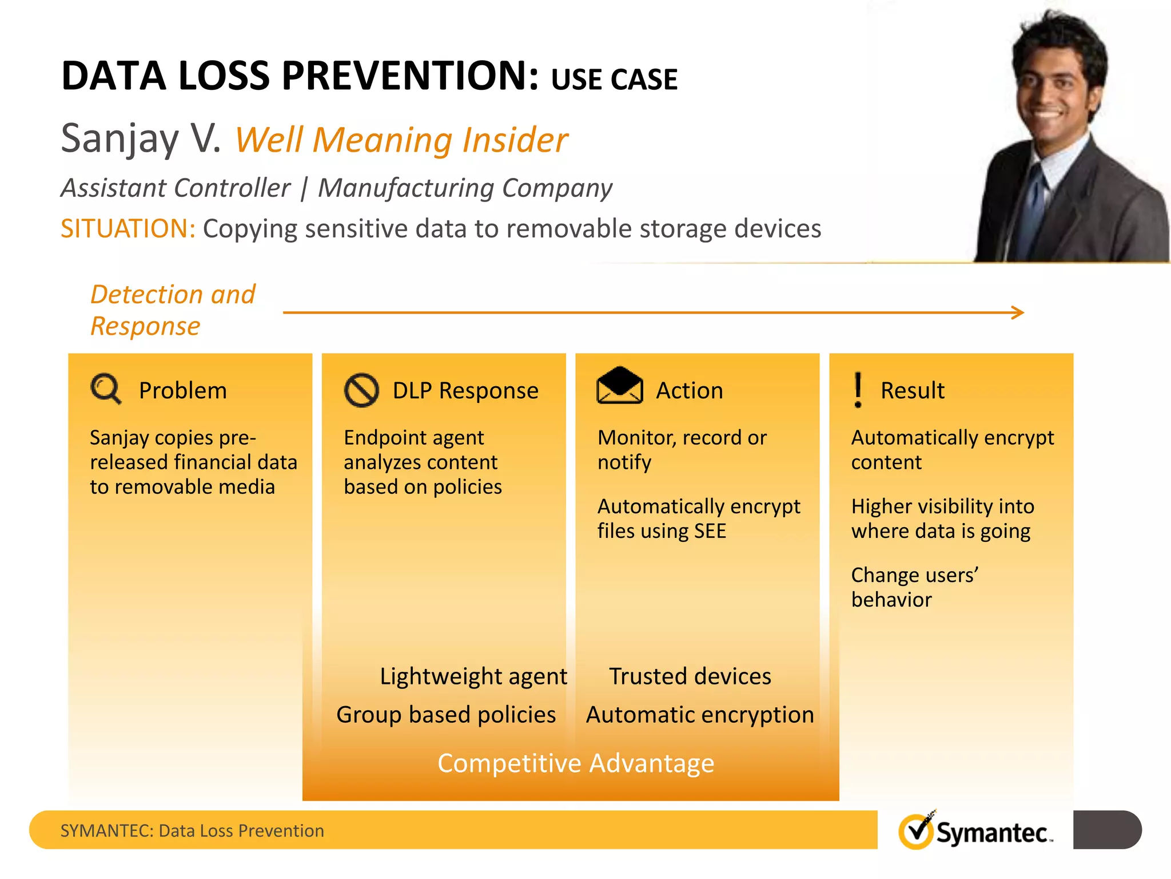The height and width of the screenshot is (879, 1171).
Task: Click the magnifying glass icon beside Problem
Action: (x=105, y=389)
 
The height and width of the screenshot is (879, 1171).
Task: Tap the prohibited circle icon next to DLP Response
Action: (x=361, y=390)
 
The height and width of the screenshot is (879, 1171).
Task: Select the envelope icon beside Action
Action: (x=619, y=386)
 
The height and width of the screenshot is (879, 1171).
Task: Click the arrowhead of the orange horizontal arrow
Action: (x=1018, y=312)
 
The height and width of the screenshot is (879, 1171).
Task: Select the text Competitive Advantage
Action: (x=575, y=763)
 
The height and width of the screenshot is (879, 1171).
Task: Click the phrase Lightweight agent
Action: (x=473, y=676)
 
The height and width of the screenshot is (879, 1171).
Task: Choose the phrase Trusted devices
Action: (x=690, y=676)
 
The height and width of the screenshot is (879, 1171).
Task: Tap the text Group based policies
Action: (x=446, y=715)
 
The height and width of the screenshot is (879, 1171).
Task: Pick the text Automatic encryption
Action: (x=700, y=715)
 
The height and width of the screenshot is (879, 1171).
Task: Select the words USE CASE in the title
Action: (x=614, y=80)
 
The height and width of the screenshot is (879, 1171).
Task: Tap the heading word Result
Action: (x=912, y=391)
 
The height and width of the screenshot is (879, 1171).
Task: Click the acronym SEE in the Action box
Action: (x=710, y=531)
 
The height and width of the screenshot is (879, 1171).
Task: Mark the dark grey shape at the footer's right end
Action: (x=1106, y=830)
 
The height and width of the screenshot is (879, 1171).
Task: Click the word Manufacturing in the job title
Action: (x=405, y=188)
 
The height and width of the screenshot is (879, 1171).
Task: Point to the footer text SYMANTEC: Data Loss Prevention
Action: (x=192, y=830)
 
